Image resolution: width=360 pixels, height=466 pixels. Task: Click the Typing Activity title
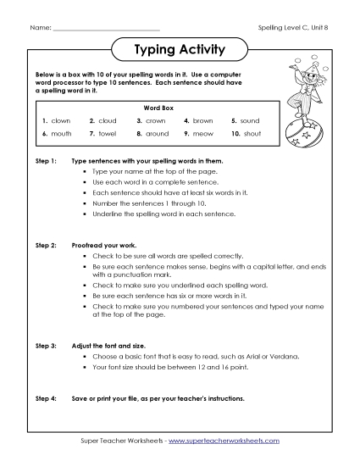pos(180,50)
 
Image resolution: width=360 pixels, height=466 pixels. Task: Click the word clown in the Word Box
pos(60,121)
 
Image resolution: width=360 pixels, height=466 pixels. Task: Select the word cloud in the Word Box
pos(108,121)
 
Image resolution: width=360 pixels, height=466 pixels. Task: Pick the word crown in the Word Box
pos(155,121)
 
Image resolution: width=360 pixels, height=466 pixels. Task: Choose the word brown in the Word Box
pos(203,121)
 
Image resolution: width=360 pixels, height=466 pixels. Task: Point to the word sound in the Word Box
pos(250,121)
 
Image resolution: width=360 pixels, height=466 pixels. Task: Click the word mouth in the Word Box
pos(61,134)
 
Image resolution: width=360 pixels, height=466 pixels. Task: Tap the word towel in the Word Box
pos(108,134)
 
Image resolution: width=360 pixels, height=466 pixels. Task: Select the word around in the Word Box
pos(158,134)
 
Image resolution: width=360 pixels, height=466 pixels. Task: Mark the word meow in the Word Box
pos(203,134)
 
